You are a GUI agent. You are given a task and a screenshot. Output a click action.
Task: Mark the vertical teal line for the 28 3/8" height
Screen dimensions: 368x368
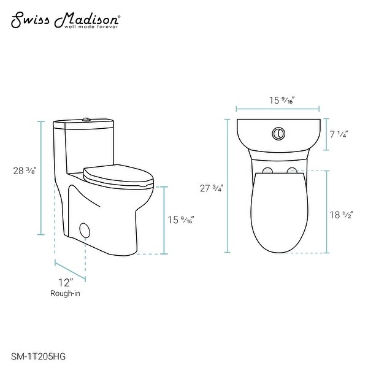(x=41, y=178)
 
